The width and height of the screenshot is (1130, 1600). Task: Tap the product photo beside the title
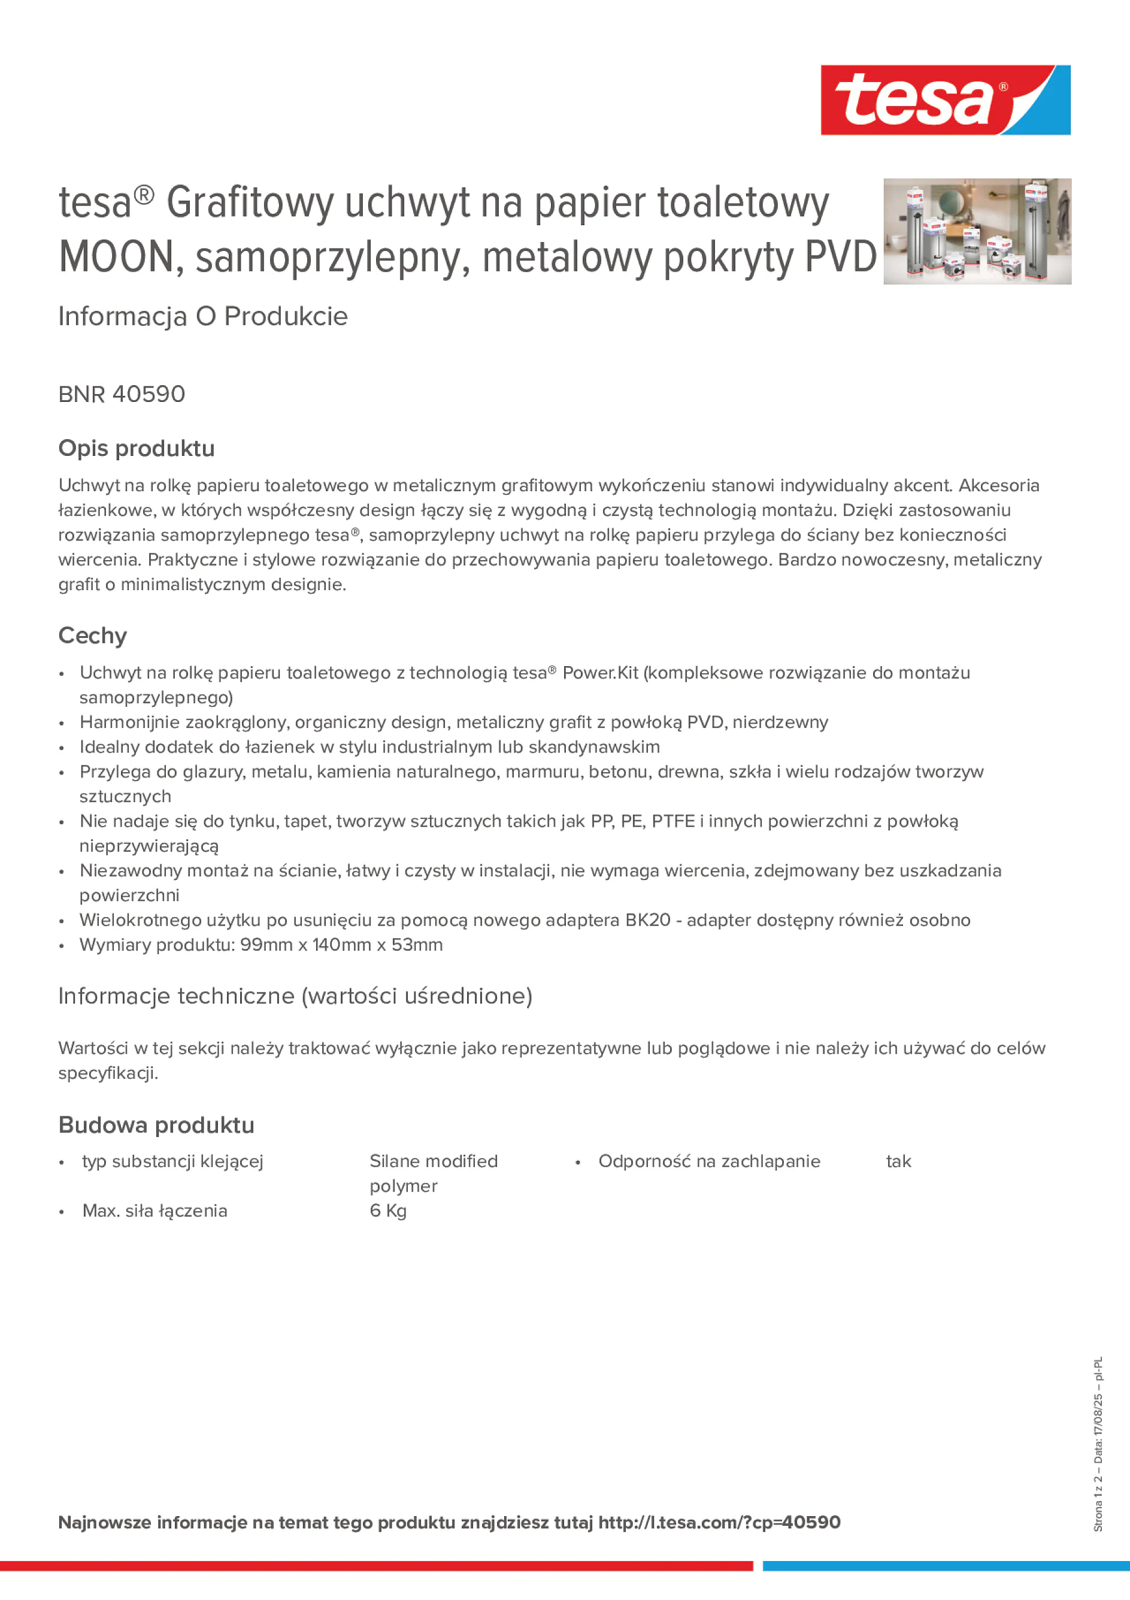coord(977,231)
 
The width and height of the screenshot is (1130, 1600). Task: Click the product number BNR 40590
coord(122,394)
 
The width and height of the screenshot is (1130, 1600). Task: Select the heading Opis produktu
coord(137,448)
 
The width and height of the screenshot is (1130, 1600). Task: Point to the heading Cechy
coord(93,636)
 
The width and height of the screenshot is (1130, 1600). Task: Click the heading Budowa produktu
coord(156,1125)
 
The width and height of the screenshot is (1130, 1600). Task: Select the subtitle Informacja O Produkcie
coord(203,316)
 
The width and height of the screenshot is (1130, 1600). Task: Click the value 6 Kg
coord(388,1211)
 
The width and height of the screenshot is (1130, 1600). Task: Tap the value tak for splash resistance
coord(898,1161)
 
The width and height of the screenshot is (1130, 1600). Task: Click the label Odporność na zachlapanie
coord(709,1161)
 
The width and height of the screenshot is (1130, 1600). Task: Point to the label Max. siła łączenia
coord(154,1211)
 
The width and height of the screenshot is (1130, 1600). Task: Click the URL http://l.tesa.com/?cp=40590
coord(719,1522)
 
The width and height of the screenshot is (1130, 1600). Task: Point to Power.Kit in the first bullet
coord(600,673)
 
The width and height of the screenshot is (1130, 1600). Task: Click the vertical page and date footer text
coord(1098,1443)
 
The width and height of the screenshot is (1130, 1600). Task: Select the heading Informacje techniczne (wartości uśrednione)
coord(295,996)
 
